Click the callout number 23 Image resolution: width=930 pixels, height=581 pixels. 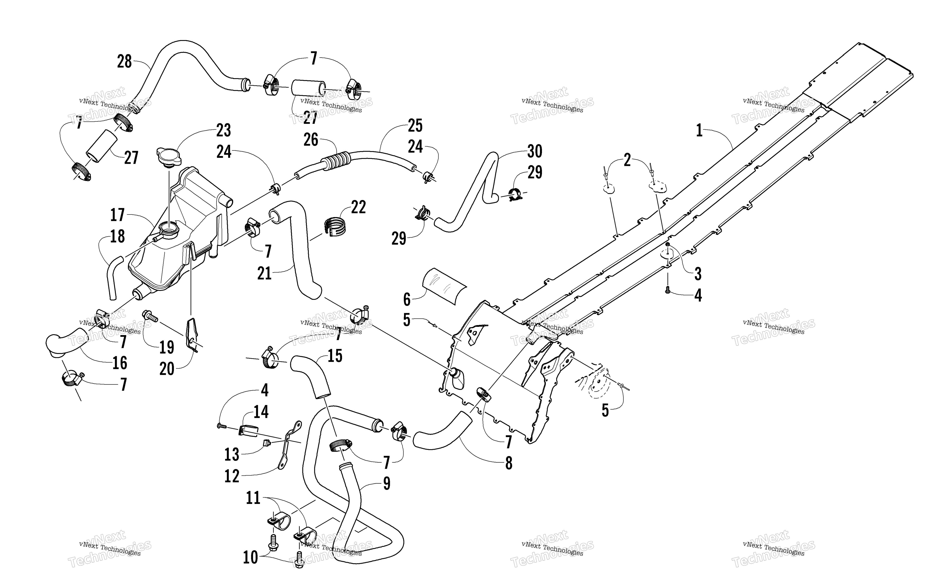point(224,131)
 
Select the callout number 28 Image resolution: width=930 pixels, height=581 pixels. point(124,62)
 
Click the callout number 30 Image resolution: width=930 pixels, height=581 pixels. point(535,151)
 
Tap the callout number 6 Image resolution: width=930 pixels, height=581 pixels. point(407,299)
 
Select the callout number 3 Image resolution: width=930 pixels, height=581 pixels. point(698,274)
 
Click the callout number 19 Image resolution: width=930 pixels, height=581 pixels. point(167,347)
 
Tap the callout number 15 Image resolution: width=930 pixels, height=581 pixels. point(335,356)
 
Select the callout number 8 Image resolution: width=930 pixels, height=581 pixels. point(509,464)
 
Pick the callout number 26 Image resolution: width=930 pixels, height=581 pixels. point(311,140)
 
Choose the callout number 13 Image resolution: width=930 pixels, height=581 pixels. point(232,454)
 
